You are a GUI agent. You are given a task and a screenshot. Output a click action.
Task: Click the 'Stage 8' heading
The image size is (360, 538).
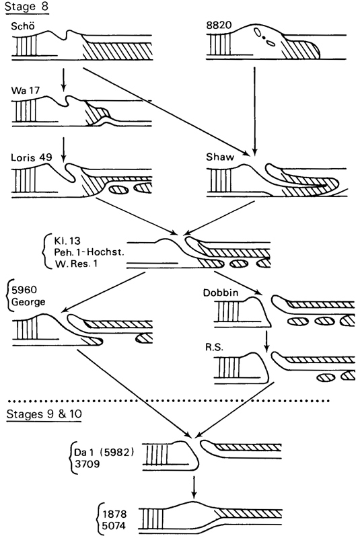pyautogui.click(x=27, y=7)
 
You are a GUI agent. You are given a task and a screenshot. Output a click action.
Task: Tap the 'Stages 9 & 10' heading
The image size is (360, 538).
pyautogui.click(x=44, y=414)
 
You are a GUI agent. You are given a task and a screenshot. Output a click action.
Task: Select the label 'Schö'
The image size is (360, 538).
pyautogui.click(x=23, y=26)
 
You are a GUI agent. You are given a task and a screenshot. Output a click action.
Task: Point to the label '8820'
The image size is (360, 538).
pyautogui.click(x=219, y=26)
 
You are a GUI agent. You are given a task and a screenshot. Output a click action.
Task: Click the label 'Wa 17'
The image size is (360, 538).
pyautogui.click(x=26, y=91)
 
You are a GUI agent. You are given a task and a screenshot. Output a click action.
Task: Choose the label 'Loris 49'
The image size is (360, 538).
pyautogui.click(x=31, y=157)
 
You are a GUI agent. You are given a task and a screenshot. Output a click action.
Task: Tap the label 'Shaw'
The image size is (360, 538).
pyautogui.click(x=220, y=157)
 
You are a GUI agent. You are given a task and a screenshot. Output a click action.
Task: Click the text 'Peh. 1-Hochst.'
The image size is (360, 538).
pyautogui.click(x=89, y=252)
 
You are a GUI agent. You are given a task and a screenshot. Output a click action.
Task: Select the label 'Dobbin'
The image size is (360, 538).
pyautogui.click(x=221, y=293)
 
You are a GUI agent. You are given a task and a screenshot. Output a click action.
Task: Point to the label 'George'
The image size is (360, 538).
pyautogui.click(x=28, y=302)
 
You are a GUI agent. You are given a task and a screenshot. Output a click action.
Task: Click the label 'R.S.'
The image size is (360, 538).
pyautogui.click(x=215, y=347)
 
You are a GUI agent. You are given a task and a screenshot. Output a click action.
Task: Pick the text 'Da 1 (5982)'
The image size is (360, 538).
pyautogui.click(x=104, y=452)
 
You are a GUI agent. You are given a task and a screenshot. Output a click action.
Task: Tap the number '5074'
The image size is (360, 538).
pyautogui.click(x=114, y=525)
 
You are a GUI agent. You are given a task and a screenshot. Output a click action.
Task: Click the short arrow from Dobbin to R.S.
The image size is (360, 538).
pyautogui.click(x=266, y=341)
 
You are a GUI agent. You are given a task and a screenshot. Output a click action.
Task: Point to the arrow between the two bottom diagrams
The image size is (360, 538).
pyautogui.click(x=194, y=486)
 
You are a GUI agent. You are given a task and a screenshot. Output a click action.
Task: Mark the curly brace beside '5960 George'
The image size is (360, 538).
pyautogui.click(x=8, y=297)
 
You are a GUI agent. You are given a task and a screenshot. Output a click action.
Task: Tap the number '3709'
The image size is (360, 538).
pyautogui.click(x=87, y=464)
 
